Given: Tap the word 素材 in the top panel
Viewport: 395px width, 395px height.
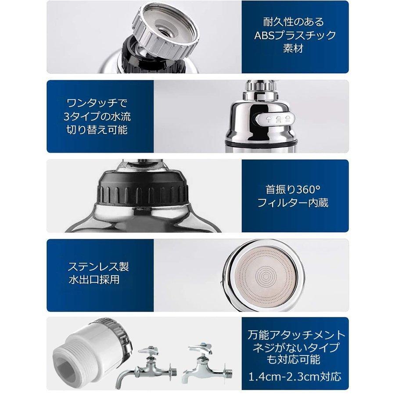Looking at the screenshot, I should (295, 48).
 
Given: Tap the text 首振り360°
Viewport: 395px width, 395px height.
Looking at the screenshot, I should (294, 190).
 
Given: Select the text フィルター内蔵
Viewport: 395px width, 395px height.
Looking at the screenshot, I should (294, 203).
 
